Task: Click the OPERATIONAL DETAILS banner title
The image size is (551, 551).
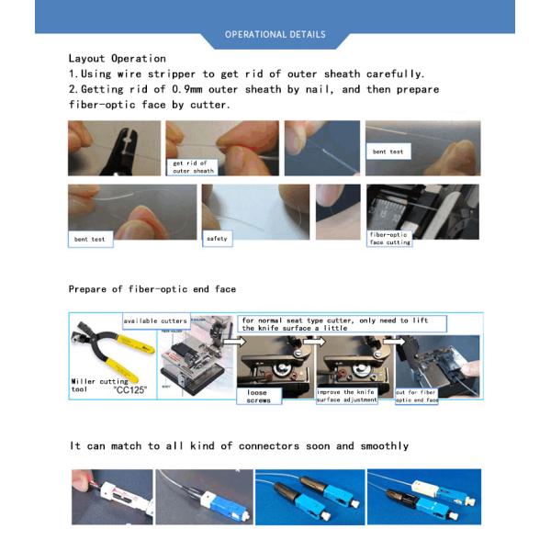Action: click(275, 35)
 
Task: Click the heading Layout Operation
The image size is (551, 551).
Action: click(117, 58)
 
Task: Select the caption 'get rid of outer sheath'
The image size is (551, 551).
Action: click(193, 166)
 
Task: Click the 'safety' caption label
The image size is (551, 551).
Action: click(217, 238)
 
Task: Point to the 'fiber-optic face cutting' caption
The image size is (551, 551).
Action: click(389, 238)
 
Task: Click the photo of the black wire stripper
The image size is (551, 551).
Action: click(101, 148)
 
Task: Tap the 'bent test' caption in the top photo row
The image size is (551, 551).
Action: click(387, 152)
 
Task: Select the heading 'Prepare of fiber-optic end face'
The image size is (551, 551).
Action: click(152, 288)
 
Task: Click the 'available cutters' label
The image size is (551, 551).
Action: click(156, 320)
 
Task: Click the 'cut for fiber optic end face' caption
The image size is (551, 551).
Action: click(417, 396)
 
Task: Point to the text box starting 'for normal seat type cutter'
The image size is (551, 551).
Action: click(342, 323)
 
